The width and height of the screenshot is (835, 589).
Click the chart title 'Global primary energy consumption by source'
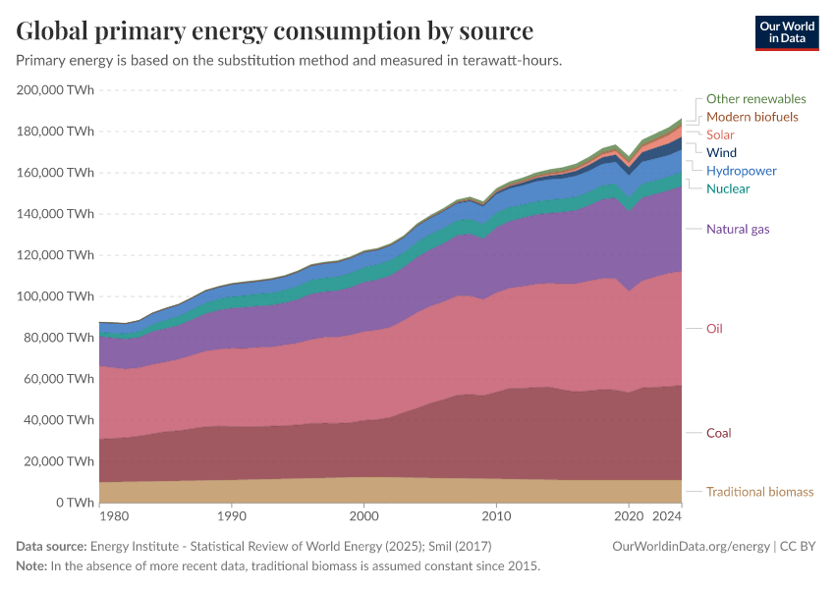pyautogui.click(x=275, y=30)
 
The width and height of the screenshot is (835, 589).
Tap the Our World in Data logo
pyautogui.click(x=787, y=32)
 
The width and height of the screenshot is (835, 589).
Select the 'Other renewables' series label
pyautogui.click(x=755, y=99)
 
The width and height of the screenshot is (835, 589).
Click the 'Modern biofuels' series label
pyautogui.click(x=751, y=117)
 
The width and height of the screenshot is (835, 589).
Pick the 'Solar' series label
pyautogui.click(x=720, y=134)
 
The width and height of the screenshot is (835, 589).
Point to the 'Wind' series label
pyautogui.click(x=721, y=153)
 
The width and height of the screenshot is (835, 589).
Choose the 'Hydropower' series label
pyautogui.click(x=741, y=171)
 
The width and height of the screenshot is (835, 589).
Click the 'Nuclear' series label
pyautogui.click(x=728, y=188)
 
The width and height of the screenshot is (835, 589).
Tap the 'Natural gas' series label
pyautogui.click(x=738, y=230)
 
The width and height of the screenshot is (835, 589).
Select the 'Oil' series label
pyautogui.click(x=714, y=329)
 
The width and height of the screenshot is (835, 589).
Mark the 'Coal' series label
pyautogui.click(x=718, y=433)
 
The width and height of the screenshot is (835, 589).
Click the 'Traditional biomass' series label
pyautogui.click(x=759, y=492)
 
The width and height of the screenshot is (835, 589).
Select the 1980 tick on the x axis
pyautogui.click(x=113, y=515)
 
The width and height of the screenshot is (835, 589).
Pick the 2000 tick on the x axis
pyautogui.click(x=363, y=515)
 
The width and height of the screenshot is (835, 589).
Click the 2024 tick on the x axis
pyautogui.click(x=667, y=515)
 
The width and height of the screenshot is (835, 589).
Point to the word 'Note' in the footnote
pyautogui.click(x=31, y=566)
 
